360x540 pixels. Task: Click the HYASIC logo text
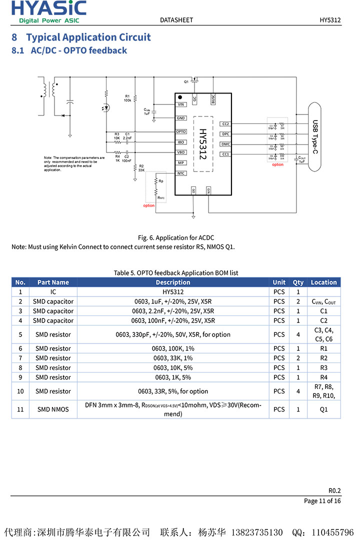coord(48,8)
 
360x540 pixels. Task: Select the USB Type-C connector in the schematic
coord(314,136)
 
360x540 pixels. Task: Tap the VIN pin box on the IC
coord(181,104)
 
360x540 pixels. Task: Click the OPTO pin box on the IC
coord(181,131)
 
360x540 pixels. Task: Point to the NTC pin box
coord(181,173)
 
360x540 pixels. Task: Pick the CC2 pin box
coord(225,123)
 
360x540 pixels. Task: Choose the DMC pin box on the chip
coord(225,144)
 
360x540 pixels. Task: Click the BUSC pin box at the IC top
coord(213,99)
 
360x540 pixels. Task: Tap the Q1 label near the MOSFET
coord(186,81)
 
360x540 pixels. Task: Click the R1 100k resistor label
coord(127,97)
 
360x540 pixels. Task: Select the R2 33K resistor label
coord(141,168)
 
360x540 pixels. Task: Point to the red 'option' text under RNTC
coord(149,205)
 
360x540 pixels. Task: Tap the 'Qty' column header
coord(298,282)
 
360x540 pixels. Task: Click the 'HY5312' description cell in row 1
coord(173,292)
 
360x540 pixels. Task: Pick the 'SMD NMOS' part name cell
coord(53,409)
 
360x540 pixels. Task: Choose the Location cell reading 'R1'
coord(323,348)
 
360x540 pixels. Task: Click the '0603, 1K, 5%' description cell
coord(173,377)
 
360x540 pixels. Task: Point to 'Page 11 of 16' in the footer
coord(322,501)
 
